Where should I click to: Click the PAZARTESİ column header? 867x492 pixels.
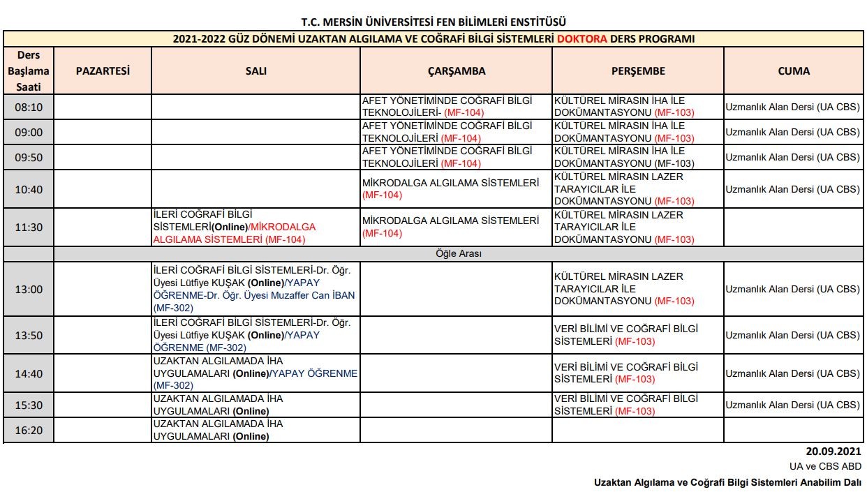click(103, 70)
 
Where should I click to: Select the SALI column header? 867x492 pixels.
click(255, 70)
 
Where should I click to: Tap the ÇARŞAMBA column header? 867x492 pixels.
click(457, 70)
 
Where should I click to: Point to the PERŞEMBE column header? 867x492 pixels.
click(638, 70)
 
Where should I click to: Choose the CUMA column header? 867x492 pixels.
click(794, 70)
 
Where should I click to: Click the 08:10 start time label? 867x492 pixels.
click(29, 107)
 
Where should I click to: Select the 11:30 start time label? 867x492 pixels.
click(29, 228)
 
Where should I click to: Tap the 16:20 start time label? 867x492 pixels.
click(29, 430)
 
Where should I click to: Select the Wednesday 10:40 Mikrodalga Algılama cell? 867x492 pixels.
click(457, 189)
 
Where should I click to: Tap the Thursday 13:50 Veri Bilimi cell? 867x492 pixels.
click(638, 335)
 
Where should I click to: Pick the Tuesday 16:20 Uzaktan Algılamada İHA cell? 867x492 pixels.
click(255, 430)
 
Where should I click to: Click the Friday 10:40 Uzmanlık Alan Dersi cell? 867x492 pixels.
click(793, 189)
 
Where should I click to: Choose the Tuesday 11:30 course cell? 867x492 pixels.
click(255, 228)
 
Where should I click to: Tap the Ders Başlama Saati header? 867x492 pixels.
click(29, 70)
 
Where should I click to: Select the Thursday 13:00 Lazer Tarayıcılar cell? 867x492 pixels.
click(638, 289)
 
